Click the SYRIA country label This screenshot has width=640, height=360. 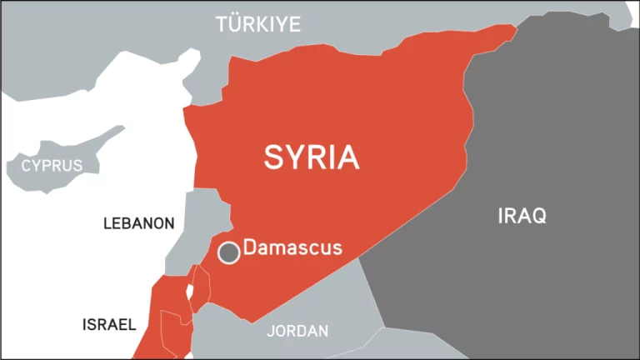[312, 157]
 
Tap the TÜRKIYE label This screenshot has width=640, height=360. [258, 24]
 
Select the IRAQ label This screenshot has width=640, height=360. [522, 217]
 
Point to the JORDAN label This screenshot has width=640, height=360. [297, 331]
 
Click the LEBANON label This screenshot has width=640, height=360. [138, 223]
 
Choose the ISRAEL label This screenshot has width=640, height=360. [108, 325]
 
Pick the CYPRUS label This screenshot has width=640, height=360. [52, 165]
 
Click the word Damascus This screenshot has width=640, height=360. [292, 248]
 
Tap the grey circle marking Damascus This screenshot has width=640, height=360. [229, 252]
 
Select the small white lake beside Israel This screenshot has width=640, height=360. [189, 292]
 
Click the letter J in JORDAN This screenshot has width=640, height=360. [271, 331]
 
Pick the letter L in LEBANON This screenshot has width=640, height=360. [107, 223]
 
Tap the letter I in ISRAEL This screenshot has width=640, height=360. [84, 325]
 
